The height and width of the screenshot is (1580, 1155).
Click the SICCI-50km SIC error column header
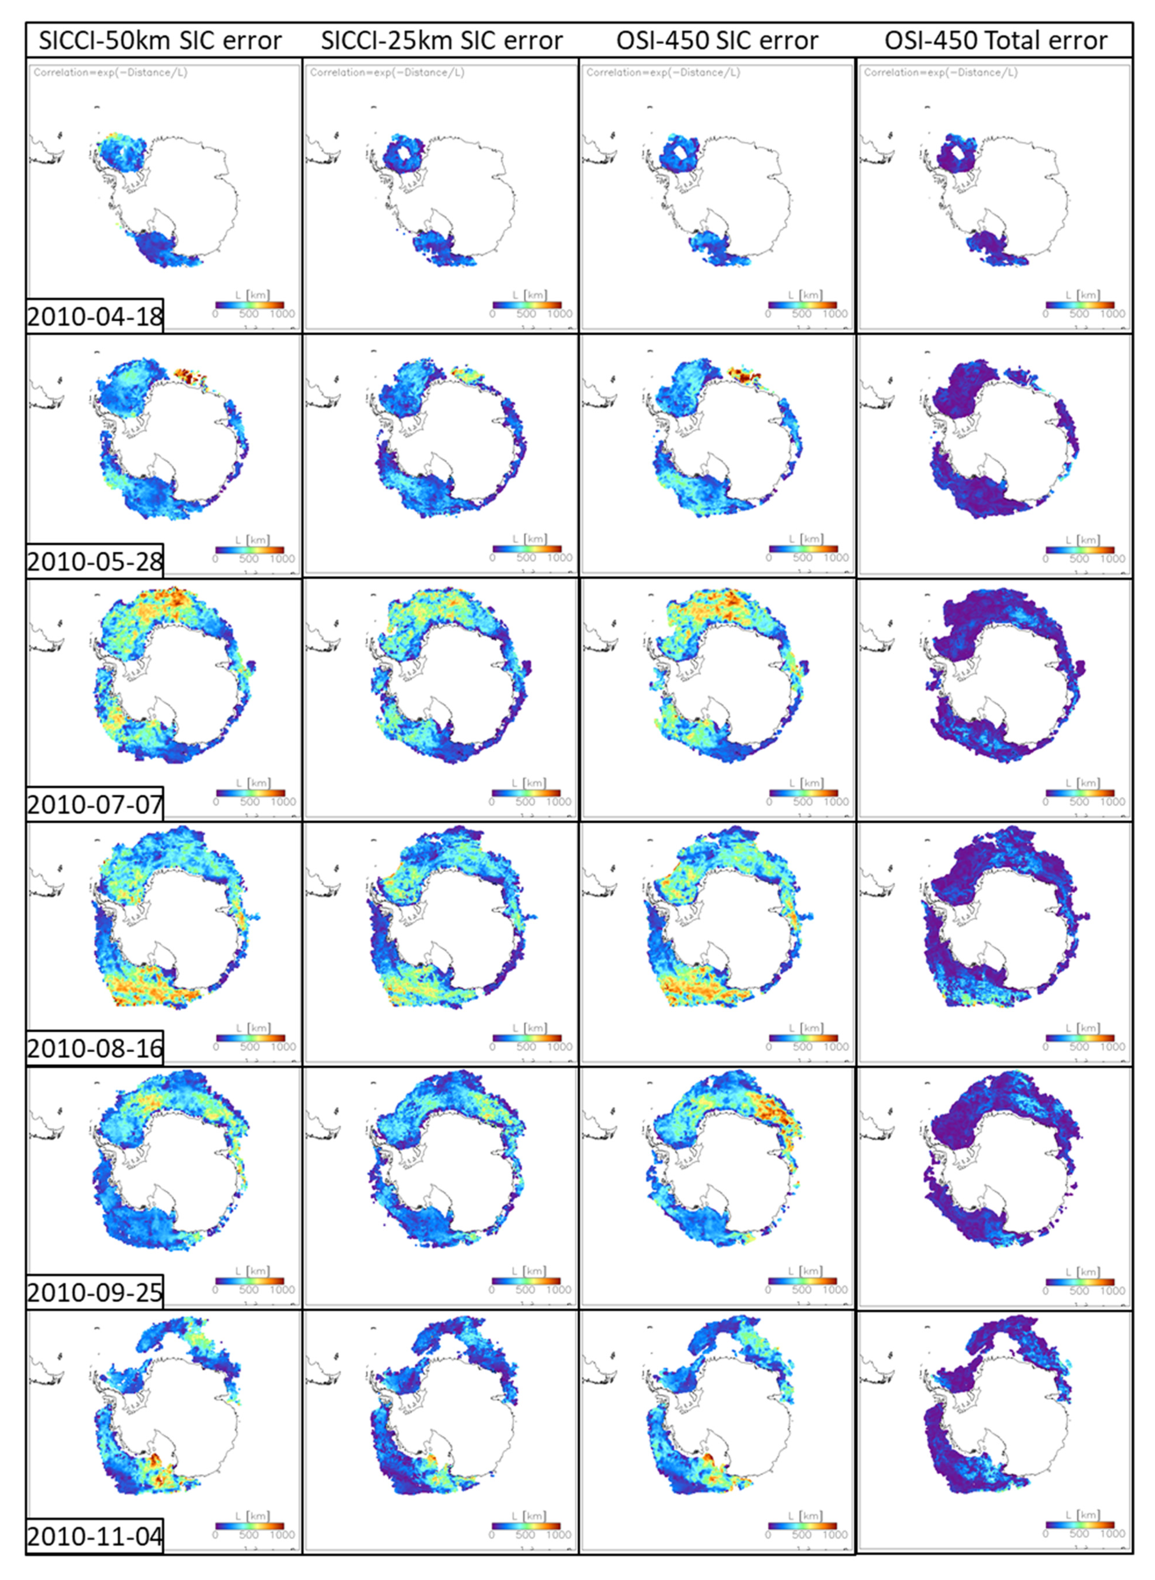coord(160,41)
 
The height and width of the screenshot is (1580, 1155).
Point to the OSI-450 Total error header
coord(996,41)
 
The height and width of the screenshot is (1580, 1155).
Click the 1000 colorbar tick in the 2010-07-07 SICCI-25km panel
coord(558,802)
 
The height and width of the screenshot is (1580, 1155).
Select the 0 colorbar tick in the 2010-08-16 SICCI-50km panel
coord(215,1047)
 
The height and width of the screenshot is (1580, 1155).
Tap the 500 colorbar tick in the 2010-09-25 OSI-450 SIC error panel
coord(802,1290)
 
